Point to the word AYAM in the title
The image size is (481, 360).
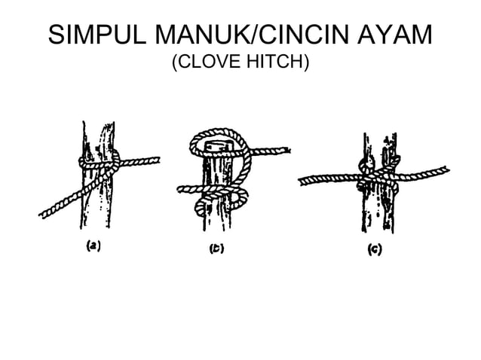(x=400, y=35)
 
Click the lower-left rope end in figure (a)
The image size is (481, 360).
(x=44, y=216)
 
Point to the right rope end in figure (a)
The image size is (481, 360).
(x=156, y=160)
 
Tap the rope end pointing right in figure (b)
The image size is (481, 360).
(x=286, y=151)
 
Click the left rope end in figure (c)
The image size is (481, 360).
(x=303, y=180)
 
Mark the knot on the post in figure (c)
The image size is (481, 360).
(x=375, y=175)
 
